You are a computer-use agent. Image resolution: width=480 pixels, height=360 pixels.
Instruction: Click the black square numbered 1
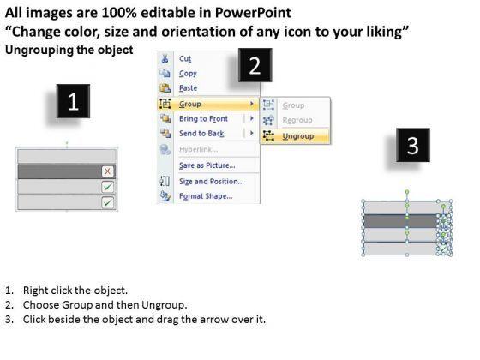click(73, 101)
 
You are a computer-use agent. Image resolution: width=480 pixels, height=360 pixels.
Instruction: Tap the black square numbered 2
click(255, 65)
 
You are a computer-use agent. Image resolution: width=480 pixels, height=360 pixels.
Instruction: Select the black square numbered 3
click(413, 145)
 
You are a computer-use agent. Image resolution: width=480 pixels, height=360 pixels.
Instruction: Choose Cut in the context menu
click(185, 58)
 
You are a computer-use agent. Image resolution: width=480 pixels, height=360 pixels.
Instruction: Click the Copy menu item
click(188, 74)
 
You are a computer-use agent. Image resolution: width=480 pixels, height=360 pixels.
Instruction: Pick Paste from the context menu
click(188, 88)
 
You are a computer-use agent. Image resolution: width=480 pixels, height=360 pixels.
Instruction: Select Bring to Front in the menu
click(203, 119)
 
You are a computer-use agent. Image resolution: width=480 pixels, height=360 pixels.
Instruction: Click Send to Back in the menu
click(201, 134)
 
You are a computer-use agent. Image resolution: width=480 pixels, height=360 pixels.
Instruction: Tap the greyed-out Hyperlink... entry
click(198, 149)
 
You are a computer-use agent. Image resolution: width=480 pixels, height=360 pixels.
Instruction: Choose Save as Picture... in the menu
click(207, 165)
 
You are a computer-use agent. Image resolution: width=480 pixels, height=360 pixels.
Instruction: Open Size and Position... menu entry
click(212, 182)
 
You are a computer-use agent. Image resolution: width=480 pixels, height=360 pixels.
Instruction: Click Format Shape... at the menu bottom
click(206, 196)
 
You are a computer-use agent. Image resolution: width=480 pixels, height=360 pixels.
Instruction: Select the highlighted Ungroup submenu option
click(298, 136)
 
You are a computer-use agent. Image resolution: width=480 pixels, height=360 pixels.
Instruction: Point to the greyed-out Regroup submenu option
click(297, 120)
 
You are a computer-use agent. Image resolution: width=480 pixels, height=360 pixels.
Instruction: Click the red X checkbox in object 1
click(107, 171)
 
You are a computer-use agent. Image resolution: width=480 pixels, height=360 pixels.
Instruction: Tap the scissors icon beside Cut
click(165, 58)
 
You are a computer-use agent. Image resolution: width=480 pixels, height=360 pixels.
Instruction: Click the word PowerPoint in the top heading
click(253, 13)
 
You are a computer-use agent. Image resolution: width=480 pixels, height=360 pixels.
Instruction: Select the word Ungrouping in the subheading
click(39, 51)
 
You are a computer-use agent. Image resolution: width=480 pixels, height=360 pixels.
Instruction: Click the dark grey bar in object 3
click(401, 221)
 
